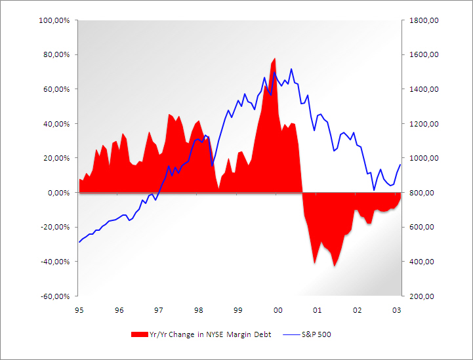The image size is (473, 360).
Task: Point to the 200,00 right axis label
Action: coord(420,296)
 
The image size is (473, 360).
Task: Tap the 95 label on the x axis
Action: coord(79,309)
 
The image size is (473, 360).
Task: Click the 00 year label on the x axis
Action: coord(278,309)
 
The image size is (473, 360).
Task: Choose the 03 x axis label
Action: coord(396,309)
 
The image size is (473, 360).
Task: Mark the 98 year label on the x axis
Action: coord(198,309)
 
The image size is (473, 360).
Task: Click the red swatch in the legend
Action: coord(139,334)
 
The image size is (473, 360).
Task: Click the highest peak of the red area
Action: coord(274,58)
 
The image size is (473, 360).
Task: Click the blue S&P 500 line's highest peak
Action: coord(291,68)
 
